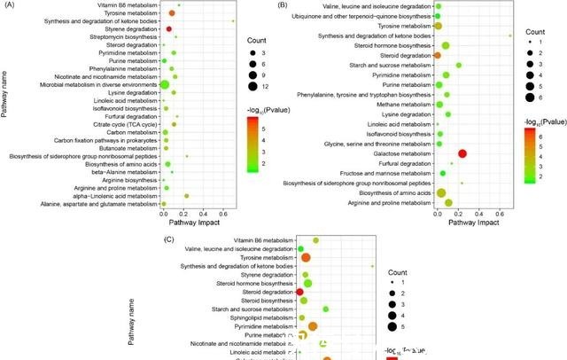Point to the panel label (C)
(169, 239)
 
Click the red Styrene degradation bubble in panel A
(169, 29)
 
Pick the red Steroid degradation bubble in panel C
(299, 292)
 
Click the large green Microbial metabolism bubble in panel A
(164, 84)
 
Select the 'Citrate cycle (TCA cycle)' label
(128, 124)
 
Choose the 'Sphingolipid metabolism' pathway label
(254, 317)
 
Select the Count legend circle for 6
(524, 97)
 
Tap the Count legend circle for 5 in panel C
(391, 326)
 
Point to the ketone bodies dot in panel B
(511, 35)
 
